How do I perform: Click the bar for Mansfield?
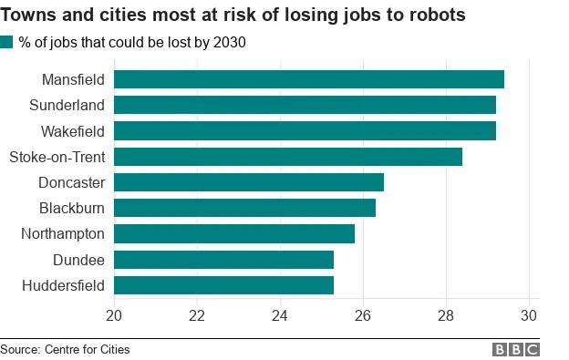tap(308, 79)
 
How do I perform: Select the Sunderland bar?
tap(305, 105)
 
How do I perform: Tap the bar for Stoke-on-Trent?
tap(287, 157)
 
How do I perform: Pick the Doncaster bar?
tap(248, 182)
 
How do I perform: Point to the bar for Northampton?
tap(233, 234)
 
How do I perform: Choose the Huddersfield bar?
tap(223, 285)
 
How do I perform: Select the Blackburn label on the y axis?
tap(71, 208)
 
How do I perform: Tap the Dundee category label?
tap(78, 260)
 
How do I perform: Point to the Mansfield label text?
tap(73, 79)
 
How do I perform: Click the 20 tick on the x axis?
tap(114, 315)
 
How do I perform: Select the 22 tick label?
tap(197, 315)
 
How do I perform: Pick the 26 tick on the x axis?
tap(363, 315)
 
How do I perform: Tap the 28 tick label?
tap(446, 315)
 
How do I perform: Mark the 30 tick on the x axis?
tap(528, 315)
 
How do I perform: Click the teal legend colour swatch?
tap(7, 42)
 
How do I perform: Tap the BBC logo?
tap(516, 349)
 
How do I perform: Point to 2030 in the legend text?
tap(229, 42)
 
